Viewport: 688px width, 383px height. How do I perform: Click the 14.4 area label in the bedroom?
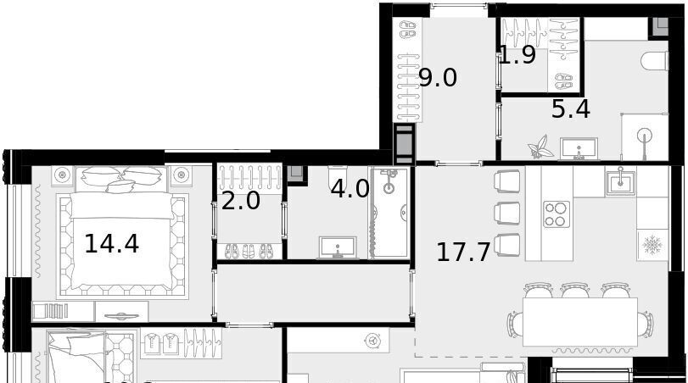(x=111, y=244)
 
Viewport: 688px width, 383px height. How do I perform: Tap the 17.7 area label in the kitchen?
(x=463, y=253)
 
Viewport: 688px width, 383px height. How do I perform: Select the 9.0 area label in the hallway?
(x=438, y=78)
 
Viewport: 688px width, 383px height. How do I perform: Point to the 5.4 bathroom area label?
(x=570, y=109)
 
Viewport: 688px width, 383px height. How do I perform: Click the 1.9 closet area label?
(x=517, y=55)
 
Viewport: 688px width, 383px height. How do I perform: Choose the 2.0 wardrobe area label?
(x=240, y=201)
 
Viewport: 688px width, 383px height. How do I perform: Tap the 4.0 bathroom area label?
(x=350, y=189)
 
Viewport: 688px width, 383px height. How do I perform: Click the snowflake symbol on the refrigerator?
(x=652, y=244)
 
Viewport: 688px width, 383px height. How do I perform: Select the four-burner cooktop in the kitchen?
(x=557, y=214)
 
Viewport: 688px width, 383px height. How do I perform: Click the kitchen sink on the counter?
(x=620, y=182)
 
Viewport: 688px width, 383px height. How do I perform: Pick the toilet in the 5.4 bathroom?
(x=655, y=61)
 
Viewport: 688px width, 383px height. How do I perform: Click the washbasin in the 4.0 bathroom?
(x=338, y=247)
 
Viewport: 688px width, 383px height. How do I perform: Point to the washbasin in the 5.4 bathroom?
(x=579, y=148)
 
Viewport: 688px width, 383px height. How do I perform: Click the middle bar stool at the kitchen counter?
(x=506, y=213)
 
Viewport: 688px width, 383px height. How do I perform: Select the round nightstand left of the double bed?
(x=63, y=175)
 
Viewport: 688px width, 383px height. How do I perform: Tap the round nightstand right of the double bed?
(x=181, y=175)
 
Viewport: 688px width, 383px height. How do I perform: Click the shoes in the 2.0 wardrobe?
(x=249, y=251)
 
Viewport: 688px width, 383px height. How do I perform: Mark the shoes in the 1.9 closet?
(x=563, y=81)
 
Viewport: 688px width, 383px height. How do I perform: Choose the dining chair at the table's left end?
(x=515, y=325)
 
